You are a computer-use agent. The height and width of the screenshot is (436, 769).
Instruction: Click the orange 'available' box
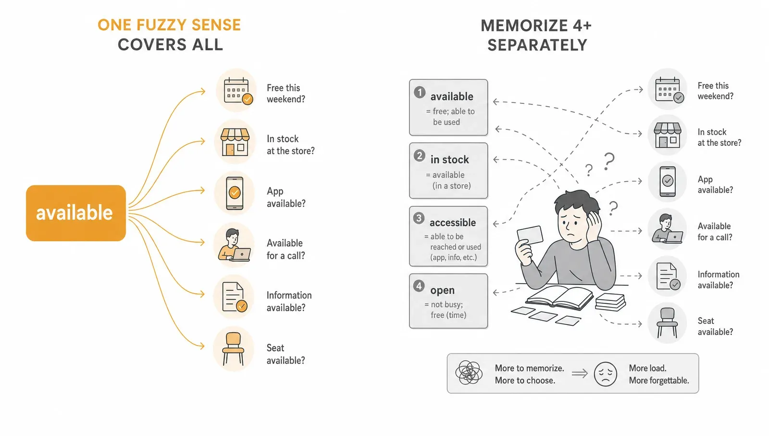(76, 213)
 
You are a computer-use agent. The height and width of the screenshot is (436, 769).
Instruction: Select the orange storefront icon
(235, 142)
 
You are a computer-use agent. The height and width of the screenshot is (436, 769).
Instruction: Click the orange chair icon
(234, 349)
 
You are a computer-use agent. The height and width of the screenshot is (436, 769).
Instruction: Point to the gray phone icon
(668, 181)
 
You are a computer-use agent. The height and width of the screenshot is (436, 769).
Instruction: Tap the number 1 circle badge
(420, 92)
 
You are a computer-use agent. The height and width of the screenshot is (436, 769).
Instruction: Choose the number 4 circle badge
(419, 286)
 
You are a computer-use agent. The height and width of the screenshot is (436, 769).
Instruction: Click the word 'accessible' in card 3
(453, 223)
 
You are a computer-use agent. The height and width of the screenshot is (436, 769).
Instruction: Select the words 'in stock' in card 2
(449, 160)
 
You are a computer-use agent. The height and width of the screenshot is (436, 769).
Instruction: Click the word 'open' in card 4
(443, 290)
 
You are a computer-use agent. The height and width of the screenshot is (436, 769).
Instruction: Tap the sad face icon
(605, 374)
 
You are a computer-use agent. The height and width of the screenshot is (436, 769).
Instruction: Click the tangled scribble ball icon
(469, 373)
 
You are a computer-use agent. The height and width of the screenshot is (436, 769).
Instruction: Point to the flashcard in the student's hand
(530, 235)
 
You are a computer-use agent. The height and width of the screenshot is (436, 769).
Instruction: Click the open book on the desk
(559, 297)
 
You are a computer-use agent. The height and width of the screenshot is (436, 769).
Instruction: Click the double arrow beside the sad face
(580, 374)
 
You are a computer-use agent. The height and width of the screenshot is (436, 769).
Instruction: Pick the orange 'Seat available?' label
(285, 354)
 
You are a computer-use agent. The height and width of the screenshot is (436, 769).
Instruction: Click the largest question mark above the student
(609, 162)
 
